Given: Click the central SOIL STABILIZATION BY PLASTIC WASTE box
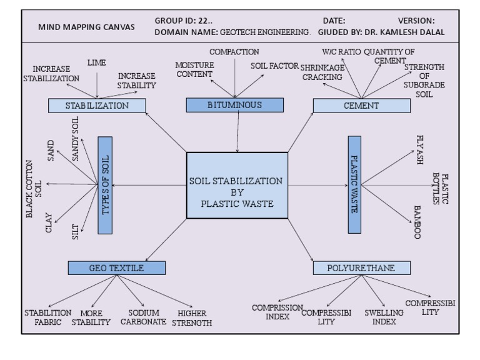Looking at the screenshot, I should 237,185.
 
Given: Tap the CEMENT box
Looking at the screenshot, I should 361,106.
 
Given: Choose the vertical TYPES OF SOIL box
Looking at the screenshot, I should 105,185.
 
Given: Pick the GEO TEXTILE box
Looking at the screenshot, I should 116,268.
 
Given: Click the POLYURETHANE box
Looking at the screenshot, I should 361,268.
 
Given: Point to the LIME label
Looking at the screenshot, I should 97,63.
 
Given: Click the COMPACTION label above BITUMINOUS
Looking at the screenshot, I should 234,52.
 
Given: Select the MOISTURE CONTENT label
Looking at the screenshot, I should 194,69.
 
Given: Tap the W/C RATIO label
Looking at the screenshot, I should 341,52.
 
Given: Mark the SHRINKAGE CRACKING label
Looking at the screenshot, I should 322,72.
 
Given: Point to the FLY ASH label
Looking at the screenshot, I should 419,150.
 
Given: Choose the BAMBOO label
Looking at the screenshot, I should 417,221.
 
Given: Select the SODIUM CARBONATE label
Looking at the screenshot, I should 143,317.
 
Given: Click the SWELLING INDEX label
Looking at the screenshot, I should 384,317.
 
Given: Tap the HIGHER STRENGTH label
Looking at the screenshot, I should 192,318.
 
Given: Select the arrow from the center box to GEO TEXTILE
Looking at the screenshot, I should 166,240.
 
